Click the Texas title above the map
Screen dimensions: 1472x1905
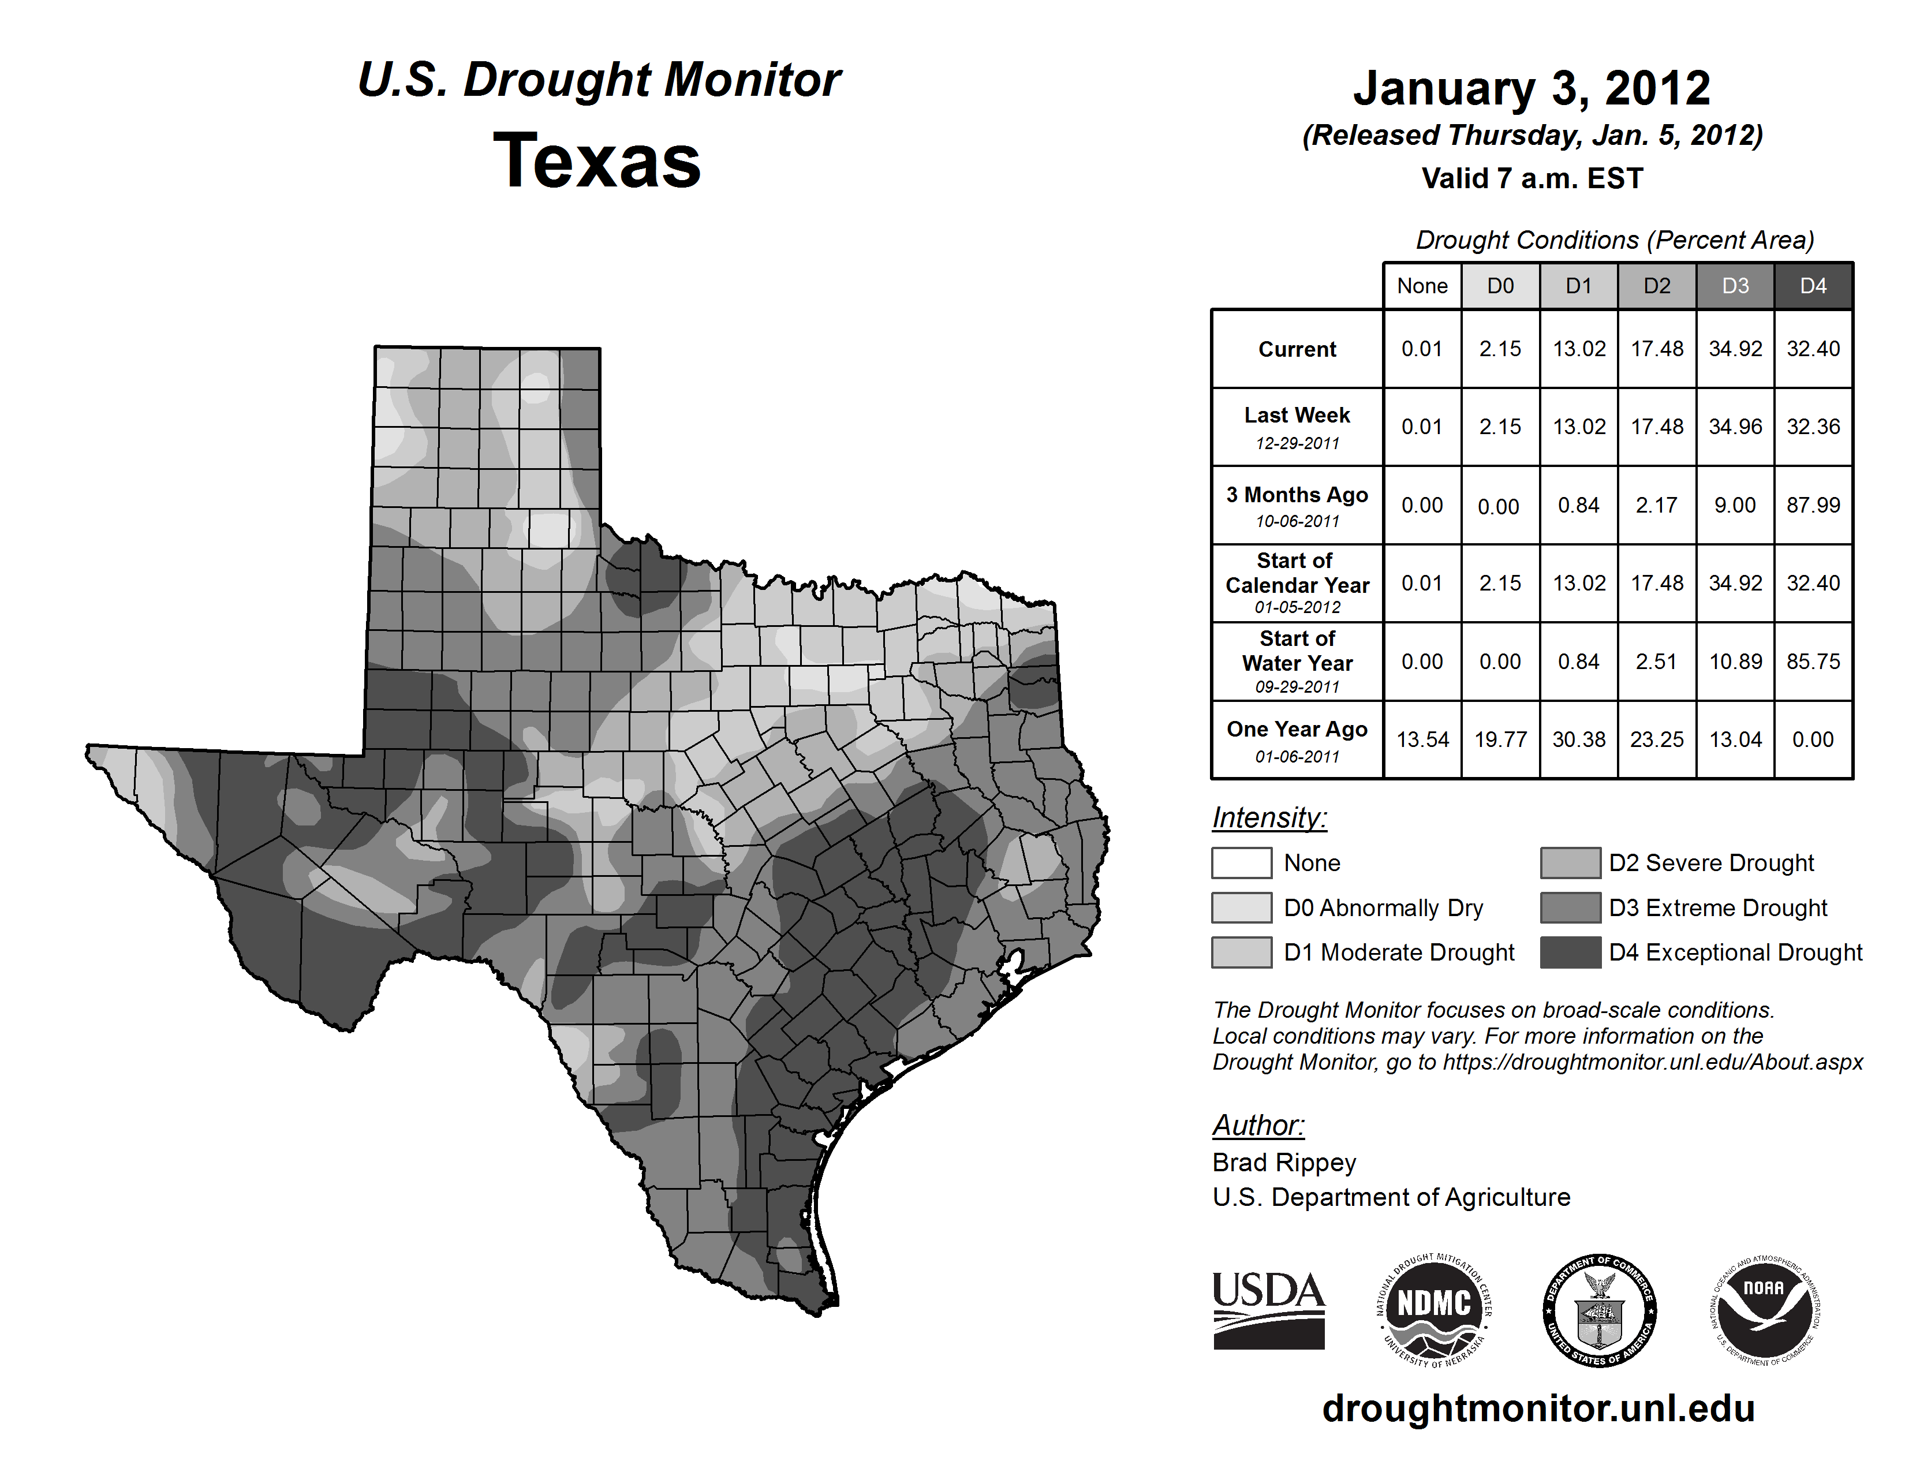pos(597,161)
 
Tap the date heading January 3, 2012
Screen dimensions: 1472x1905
pos(1532,88)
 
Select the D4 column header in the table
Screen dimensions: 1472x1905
pos(1813,286)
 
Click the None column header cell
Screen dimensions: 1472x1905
pos(1422,286)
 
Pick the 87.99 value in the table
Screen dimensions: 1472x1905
pos(1813,505)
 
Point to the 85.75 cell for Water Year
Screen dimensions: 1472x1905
pos(1813,662)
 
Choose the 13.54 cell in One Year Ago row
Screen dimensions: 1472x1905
pos(1422,739)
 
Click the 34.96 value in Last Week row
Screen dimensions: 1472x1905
pos(1735,427)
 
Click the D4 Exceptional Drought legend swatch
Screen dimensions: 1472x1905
pos(1570,952)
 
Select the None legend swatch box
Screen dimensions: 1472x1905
pos(1241,862)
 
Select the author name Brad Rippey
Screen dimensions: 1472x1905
pos(1284,1163)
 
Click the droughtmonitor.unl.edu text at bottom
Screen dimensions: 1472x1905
pos(1538,1409)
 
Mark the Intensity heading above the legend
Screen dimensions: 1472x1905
pos(1269,818)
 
